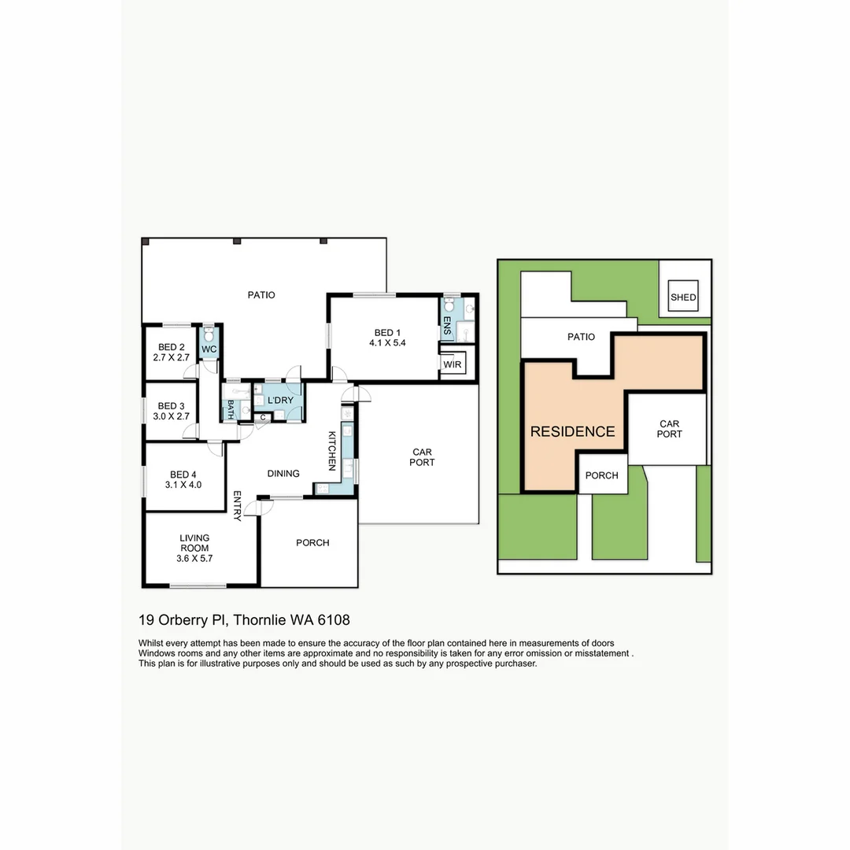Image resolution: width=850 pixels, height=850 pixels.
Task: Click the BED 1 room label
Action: point(387,333)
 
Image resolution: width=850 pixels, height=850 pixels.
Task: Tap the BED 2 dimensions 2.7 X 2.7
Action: point(172,358)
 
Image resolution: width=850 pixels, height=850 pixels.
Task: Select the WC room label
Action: point(209,349)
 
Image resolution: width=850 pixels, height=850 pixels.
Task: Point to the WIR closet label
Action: point(452,364)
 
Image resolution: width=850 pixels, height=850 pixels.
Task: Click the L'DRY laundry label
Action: point(280,400)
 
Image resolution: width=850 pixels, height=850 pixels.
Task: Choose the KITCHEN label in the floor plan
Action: point(332,451)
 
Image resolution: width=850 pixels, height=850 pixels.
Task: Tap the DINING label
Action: point(283,473)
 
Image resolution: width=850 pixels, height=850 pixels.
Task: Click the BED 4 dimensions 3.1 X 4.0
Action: point(183,485)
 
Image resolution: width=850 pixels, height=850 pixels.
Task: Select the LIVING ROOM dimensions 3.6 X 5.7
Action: point(194,558)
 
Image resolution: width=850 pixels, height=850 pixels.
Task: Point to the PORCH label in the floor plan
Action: point(312,542)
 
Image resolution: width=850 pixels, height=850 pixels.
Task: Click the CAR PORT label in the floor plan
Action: point(422,457)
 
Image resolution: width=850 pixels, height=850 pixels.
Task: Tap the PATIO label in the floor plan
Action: point(261,295)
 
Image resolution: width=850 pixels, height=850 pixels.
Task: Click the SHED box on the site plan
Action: point(683,295)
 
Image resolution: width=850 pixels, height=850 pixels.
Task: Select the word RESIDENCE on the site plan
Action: point(572,431)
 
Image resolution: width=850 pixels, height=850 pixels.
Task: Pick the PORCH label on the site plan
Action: point(602,475)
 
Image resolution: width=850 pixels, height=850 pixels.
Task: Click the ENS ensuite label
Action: point(447,325)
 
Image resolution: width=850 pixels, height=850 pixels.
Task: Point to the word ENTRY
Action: point(237,506)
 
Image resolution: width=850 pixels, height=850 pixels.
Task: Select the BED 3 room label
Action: point(171,406)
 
